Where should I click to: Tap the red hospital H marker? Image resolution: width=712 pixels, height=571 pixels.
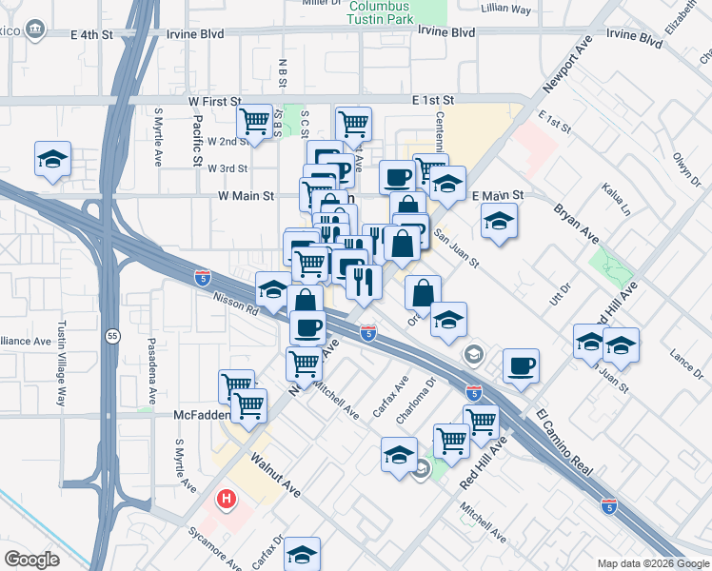[227, 498]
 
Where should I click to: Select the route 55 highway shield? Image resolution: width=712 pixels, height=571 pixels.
[112, 337]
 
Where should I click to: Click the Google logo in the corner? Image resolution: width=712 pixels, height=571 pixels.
[32, 560]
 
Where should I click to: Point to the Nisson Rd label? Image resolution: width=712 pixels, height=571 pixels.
[236, 303]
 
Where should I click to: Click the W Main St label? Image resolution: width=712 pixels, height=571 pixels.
[246, 196]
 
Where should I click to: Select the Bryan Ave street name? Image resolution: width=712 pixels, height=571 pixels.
[576, 223]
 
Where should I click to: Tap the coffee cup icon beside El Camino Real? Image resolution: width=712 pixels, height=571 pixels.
[520, 365]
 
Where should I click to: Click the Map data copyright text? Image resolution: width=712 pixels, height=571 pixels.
[654, 561]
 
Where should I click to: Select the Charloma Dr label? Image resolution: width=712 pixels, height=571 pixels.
[430, 394]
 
